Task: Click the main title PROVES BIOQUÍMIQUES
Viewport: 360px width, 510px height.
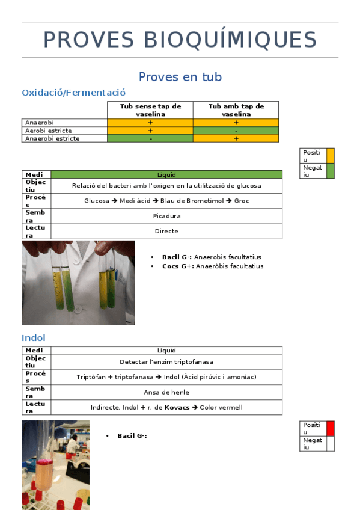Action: [x=180, y=40]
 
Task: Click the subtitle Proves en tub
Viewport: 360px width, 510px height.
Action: [x=180, y=77]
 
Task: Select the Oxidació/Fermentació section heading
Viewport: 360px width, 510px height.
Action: [x=73, y=93]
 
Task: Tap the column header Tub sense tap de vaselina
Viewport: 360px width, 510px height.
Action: [x=150, y=110]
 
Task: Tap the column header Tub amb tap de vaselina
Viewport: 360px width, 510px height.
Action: [x=236, y=110]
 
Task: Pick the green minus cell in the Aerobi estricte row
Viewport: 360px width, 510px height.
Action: [x=236, y=131]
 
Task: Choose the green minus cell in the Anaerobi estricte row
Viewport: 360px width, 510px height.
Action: [x=150, y=138]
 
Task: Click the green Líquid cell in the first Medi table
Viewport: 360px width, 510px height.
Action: [x=166, y=174]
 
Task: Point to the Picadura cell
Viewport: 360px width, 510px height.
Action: [x=166, y=216]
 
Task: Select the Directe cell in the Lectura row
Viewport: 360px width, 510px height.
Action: [x=166, y=231]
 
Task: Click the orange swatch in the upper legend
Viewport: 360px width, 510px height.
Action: [x=330, y=156]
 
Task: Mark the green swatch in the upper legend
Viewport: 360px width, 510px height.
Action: [x=330, y=171]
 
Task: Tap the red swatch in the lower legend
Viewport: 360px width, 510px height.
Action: [x=330, y=428]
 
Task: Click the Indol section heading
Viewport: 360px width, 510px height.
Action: [x=34, y=338]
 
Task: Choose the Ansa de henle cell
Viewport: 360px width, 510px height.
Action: [x=166, y=392]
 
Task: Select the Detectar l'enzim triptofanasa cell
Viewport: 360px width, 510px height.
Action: [x=166, y=362]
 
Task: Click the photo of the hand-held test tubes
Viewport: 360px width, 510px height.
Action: [x=78, y=283]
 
